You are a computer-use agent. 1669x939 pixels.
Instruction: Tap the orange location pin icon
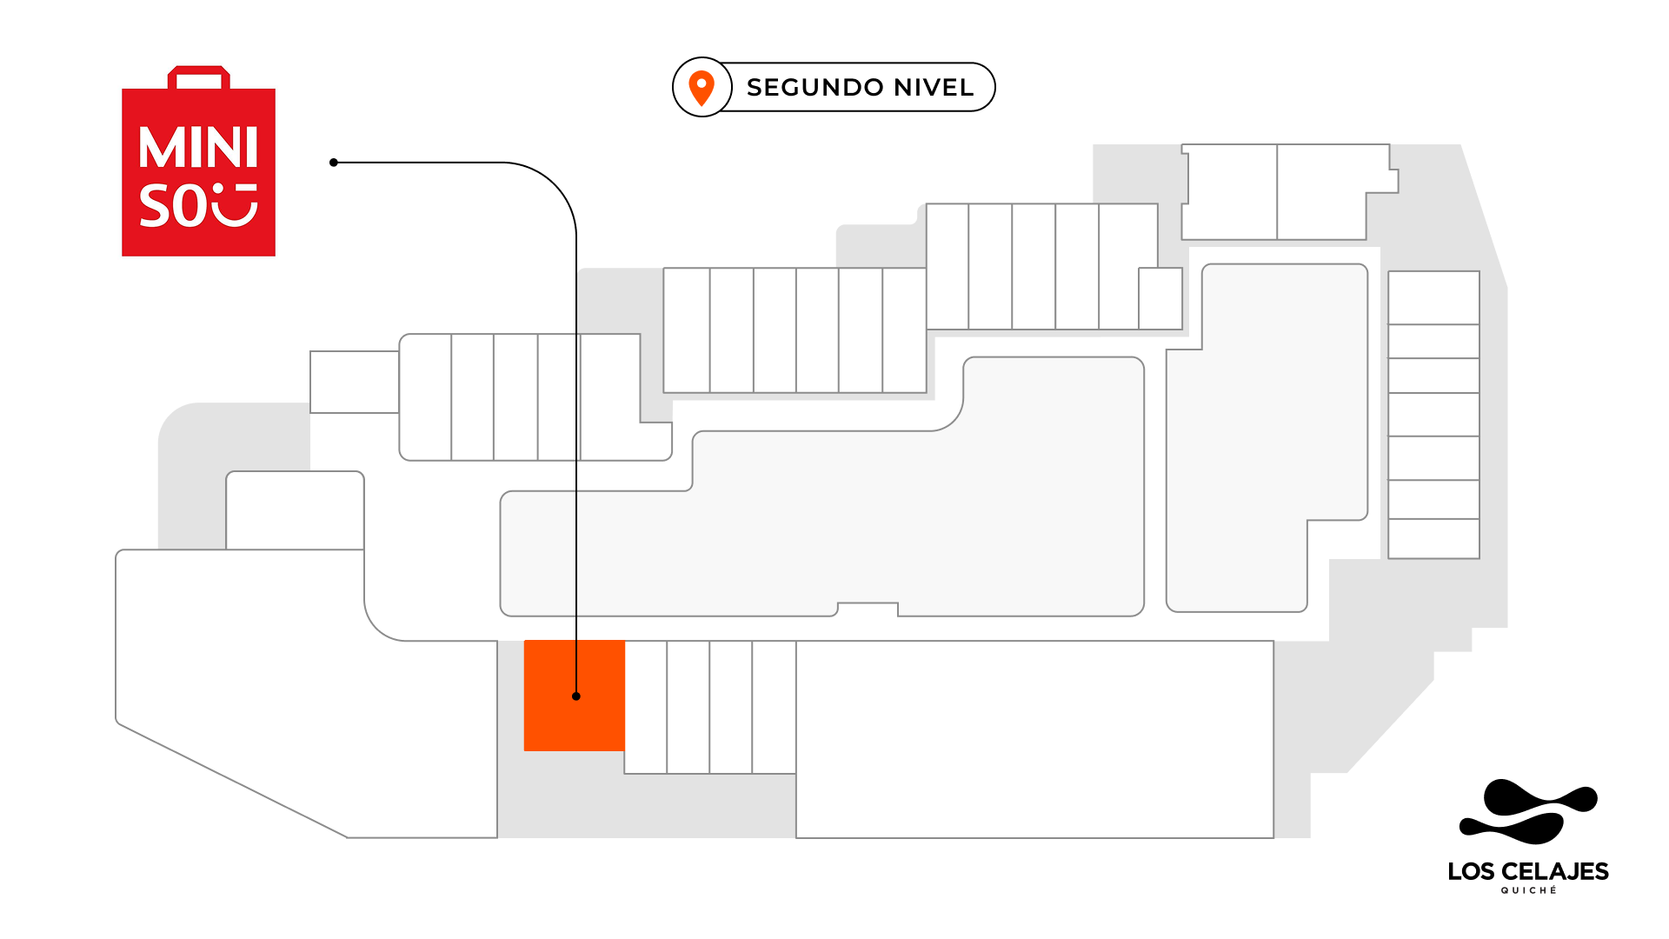tap(702, 87)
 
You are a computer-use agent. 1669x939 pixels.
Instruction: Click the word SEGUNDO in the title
tap(815, 88)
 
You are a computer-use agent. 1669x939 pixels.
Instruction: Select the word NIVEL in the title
tap(934, 88)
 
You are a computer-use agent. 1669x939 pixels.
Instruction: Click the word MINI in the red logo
tap(198, 148)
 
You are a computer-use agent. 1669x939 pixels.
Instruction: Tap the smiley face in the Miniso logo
tap(235, 204)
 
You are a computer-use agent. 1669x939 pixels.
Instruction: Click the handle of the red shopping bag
tap(199, 77)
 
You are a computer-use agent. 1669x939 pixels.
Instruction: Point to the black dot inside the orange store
tap(576, 696)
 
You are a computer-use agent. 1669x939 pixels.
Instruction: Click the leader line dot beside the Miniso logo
tap(334, 163)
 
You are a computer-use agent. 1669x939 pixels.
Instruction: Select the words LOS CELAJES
tap(1527, 871)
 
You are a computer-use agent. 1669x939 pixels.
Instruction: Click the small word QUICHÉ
tap(1528, 890)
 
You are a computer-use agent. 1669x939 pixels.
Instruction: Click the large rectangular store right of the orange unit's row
tap(1034, 739)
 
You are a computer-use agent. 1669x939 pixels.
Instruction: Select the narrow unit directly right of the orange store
tap(646, 707)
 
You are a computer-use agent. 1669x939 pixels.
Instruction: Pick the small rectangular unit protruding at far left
tap(354, 382)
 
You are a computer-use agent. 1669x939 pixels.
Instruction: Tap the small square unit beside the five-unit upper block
tap(1160, 298)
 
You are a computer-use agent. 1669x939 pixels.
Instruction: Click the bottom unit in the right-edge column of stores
tap(1433, 538)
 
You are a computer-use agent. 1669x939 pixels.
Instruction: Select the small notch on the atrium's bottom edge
tap(868, 609)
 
